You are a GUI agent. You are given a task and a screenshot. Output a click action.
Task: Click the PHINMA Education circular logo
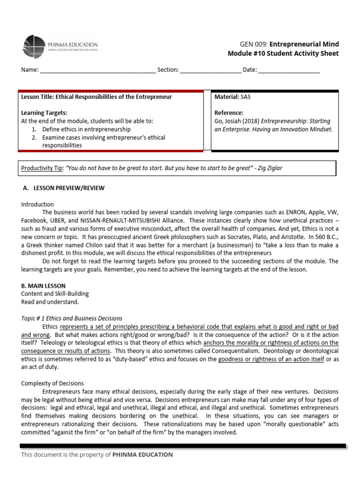click(x=34, y=47)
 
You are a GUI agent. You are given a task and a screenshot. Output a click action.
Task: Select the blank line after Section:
click(x=210, y=70)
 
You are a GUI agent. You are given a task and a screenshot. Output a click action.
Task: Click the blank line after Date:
click(x=289, y=70)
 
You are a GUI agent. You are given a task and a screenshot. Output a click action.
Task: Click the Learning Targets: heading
click(x=44, y=113)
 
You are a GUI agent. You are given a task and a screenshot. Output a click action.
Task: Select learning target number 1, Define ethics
click(x=86, y=129)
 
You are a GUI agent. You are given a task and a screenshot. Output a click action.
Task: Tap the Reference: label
click(x=229, y=113)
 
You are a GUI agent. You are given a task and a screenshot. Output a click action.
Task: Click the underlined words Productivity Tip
click(x=42, y=168)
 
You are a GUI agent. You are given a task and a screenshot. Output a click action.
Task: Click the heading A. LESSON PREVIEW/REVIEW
click(x=64, y=188)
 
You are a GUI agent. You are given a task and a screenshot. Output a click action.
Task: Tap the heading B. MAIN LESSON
click(x=43, y=285)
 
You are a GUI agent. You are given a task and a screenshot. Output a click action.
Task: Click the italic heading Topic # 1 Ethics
click(x=72, y=318)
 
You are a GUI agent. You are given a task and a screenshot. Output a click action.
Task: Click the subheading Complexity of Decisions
click(x=52, y=383)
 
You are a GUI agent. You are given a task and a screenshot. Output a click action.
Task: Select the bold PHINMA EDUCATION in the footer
click(x=142, y=455)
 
